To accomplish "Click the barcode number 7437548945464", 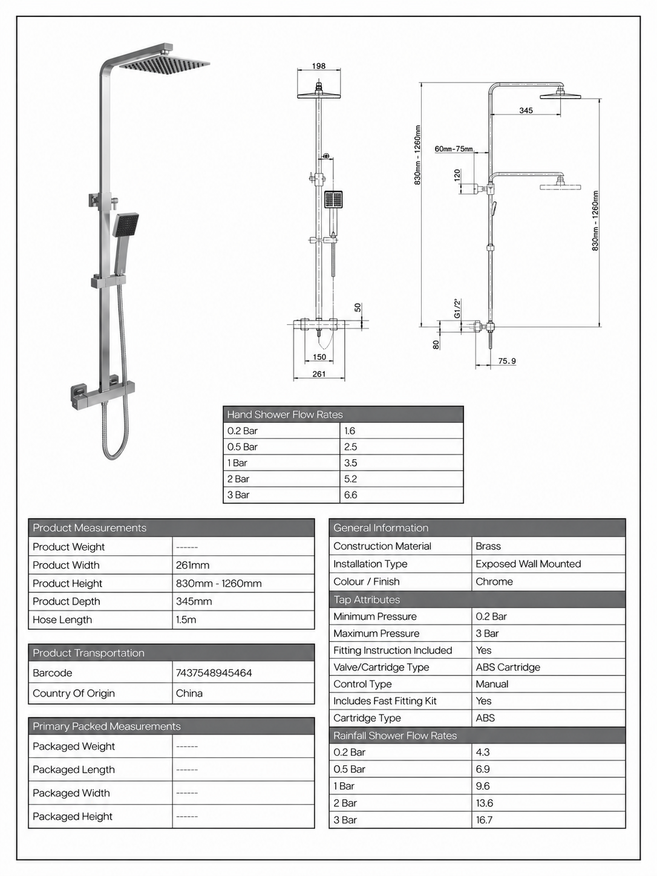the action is point(214,673).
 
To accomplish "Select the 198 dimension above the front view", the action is point(319,66).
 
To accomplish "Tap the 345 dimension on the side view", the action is point(526,110).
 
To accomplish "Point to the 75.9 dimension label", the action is point(507,361).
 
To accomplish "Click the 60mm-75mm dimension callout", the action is point(454,149).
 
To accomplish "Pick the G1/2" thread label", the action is point(457,308).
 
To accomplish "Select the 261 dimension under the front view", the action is point(319,374).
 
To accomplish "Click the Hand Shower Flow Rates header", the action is point(285,414).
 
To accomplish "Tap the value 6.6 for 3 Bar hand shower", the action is point(351,495).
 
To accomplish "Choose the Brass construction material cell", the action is point(488,546).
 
